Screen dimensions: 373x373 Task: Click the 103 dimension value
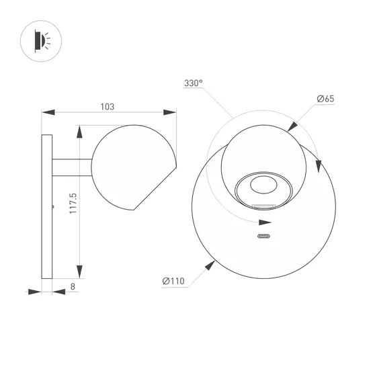(x=107, y=106)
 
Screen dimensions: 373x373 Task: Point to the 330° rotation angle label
(x=193, y=84)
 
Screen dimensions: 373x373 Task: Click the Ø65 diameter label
(x=325, y=99)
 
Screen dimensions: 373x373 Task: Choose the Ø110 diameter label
(x=174, y=281)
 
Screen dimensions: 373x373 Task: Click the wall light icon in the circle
(x=40, y=41)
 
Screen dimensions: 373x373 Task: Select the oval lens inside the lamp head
(x=263, y=186)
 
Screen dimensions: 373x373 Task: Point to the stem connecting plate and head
(x=70, y=166)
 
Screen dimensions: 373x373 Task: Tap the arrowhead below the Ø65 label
(x=293, y=125)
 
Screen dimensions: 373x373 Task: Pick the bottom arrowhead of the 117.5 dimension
(x=79, y=272)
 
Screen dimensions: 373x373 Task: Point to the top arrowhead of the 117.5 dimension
(x=79, y=129)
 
